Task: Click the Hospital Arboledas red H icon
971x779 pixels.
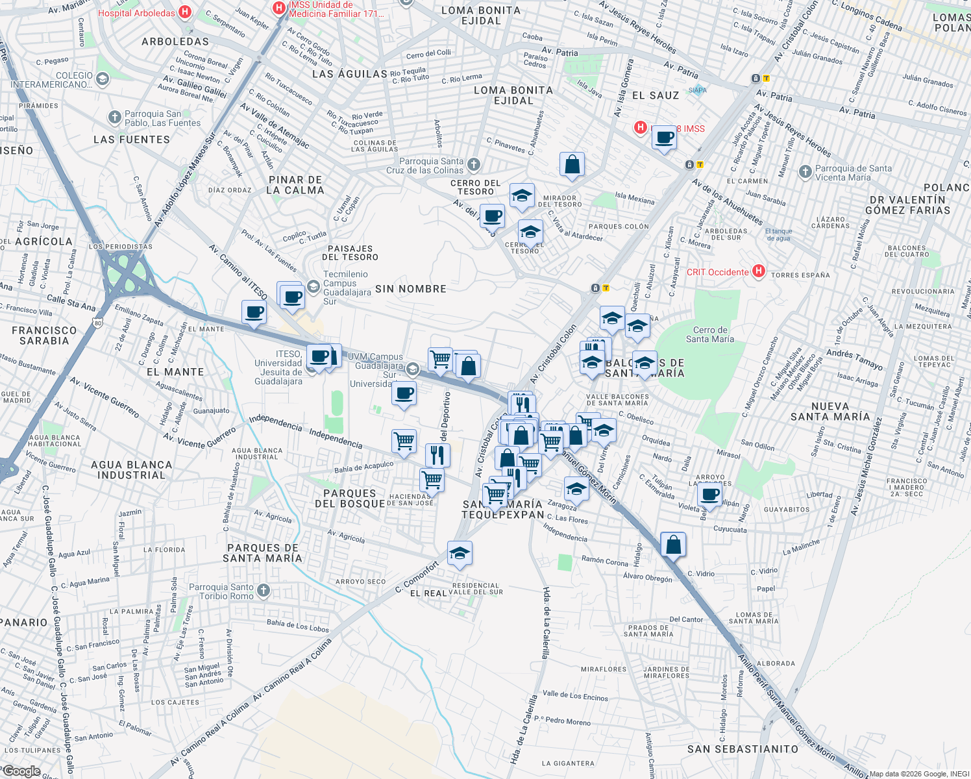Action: pos(185,12)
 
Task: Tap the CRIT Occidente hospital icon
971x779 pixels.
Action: pos(758,271)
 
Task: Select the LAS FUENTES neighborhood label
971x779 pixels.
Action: pos(132,140)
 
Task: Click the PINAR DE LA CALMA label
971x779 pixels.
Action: pos(295,185)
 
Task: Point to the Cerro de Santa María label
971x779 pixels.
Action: pos(710,334)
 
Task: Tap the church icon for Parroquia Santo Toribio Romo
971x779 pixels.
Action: pos(263,590)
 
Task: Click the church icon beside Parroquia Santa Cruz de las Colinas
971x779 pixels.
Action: pos(474,164)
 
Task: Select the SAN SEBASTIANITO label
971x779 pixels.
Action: pos(743,749)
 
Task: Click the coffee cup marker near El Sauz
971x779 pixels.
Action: pos(664,138)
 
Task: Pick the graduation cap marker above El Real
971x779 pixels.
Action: pos(460,554)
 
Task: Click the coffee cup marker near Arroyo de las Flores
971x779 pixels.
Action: pos(710,495)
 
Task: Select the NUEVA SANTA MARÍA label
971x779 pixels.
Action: pos(830,411)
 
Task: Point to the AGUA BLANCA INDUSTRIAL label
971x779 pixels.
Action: pos(132,470)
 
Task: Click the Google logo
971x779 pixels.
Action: pos(21,771)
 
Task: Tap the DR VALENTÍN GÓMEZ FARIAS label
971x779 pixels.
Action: pos(907,205)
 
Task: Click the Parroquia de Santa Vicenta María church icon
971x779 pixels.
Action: pos(805,171)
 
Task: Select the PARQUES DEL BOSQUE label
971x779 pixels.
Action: pos(350,499)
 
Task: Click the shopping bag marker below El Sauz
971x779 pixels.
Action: pos(572,165)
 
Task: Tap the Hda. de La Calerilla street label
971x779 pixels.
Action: pos(547,623)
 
